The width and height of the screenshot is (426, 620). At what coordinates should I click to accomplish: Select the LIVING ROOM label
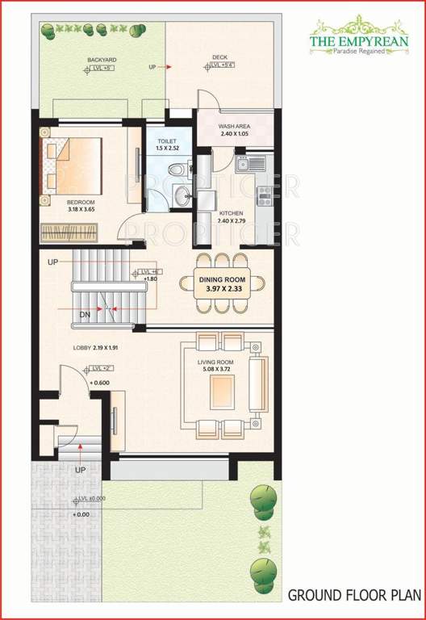click(216, 363)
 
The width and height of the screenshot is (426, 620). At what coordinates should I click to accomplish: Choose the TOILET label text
click(167, 141)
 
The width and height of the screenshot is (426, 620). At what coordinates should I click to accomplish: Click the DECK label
click(219, 57)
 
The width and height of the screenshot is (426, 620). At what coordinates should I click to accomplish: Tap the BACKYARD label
click(102, 60)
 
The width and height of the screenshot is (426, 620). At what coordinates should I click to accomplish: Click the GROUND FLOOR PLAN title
click(354, 596)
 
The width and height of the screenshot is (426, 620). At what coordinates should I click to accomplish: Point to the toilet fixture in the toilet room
click(177, 170)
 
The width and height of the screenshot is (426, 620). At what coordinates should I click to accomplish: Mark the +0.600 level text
click(100, 383)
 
